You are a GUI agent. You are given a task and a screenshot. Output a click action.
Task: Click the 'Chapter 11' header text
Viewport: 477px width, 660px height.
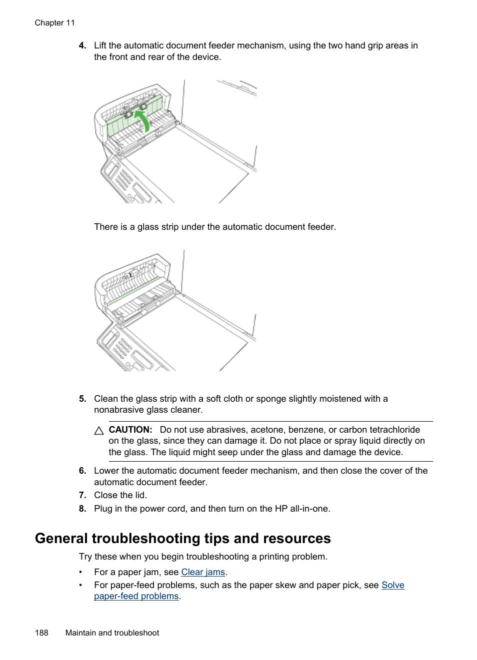[x=54, y=23]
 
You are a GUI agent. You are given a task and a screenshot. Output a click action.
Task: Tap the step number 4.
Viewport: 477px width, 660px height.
[x=82, y=45]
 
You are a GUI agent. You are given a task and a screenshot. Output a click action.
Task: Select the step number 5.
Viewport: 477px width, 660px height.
[x=82, y=399]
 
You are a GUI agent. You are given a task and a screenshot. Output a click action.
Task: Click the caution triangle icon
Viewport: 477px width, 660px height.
[x=99, y=431]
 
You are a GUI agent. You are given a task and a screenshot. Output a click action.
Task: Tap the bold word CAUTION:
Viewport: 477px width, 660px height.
[x=130, y=430]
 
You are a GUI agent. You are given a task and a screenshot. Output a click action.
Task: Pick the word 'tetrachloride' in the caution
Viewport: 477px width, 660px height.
[x=394, y=430]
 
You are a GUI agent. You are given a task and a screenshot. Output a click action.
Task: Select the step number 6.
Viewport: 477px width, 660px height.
[x=82, y=471]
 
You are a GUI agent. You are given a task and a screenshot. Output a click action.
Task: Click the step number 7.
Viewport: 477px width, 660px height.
[x=82, y=495]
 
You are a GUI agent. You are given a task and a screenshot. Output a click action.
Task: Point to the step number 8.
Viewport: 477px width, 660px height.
[x=82, y=509]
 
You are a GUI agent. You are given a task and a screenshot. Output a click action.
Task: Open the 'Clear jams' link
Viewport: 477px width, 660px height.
[x=203, y=572]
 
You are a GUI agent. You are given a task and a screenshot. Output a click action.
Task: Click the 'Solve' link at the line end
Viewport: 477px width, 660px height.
[x=392, y=585]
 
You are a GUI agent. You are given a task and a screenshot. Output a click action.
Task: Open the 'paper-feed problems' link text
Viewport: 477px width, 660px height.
[x=136, y=596]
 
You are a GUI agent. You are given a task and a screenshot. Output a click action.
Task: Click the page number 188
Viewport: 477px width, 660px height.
[x=41, y=633]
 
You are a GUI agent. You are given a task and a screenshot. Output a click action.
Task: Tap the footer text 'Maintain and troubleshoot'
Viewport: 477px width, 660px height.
[x=112, y=633]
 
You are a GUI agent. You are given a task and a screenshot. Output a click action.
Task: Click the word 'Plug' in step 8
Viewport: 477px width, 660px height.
[x=103, y=509]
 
